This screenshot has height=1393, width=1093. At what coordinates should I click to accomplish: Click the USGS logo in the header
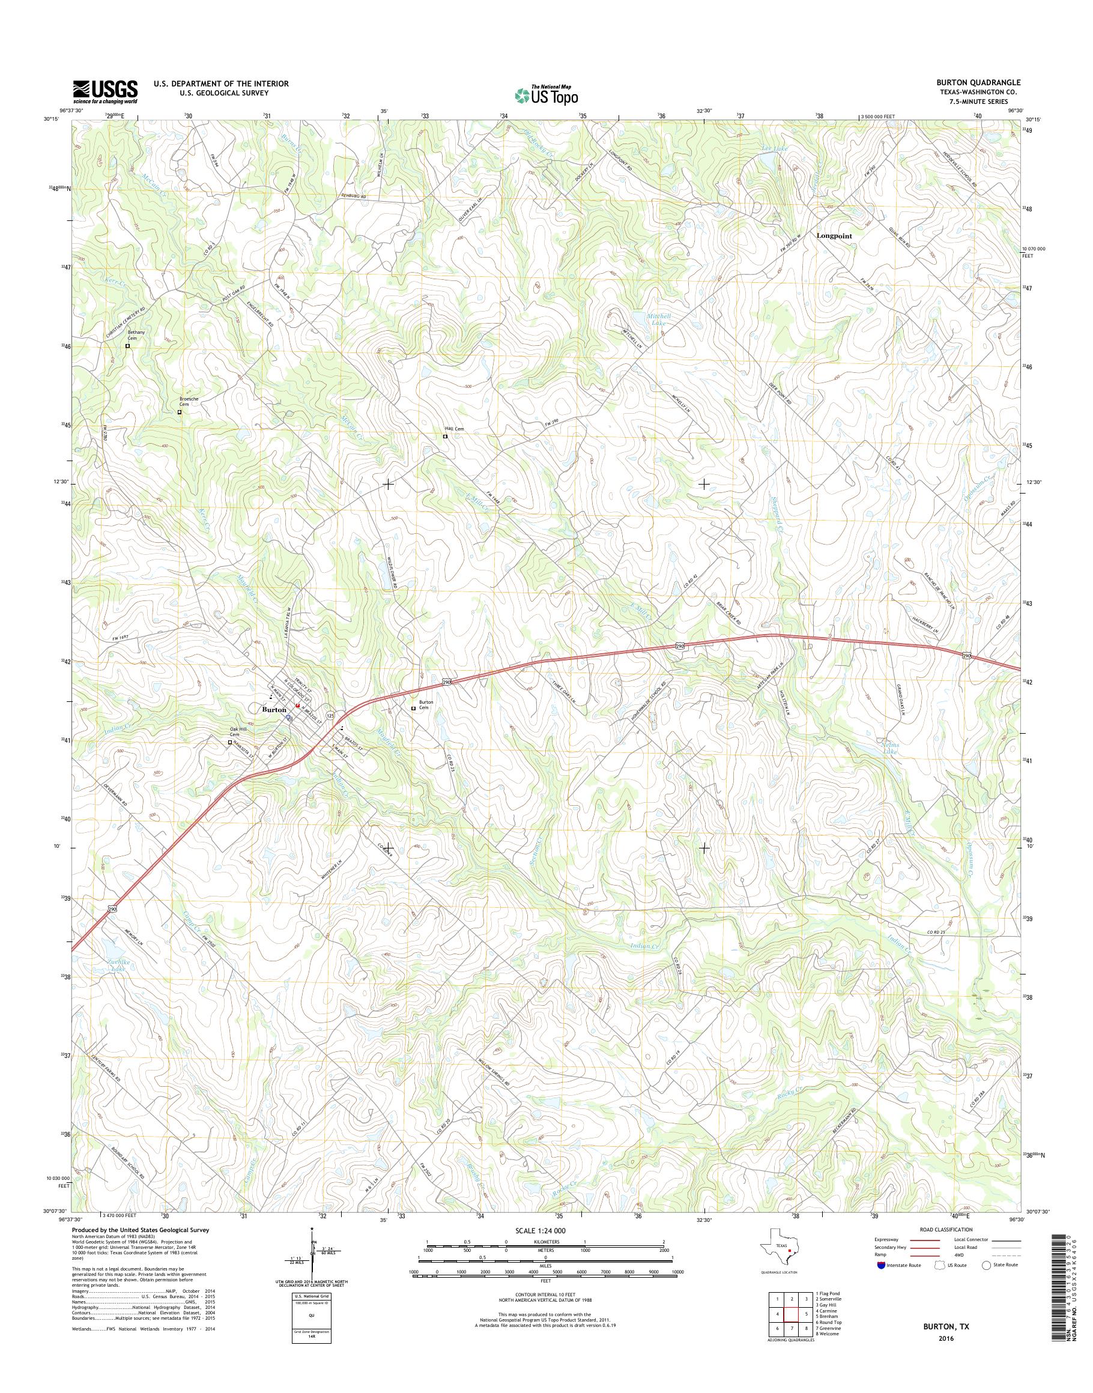tap(105, 91)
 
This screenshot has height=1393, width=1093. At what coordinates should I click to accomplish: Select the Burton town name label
tap(274, 710)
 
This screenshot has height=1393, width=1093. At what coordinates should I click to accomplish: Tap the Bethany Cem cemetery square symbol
tap(127, 346)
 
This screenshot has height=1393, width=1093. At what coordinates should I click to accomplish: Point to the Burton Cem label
tap(426, 704)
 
